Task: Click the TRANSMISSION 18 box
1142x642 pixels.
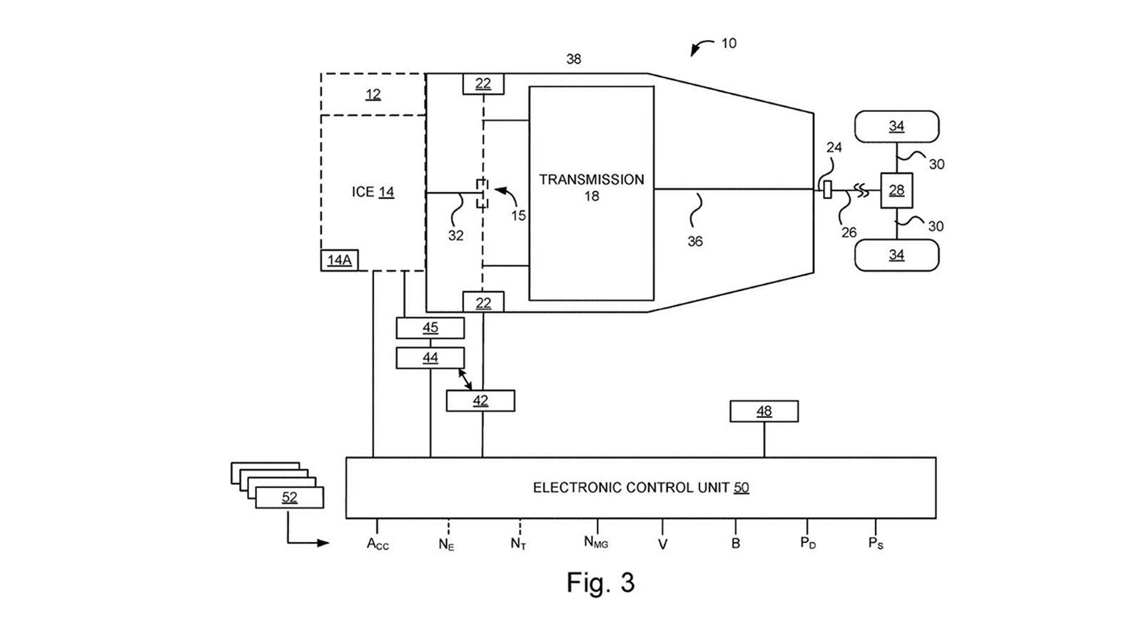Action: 591,193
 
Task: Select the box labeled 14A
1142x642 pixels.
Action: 339,260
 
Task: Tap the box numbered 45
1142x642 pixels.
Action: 430,328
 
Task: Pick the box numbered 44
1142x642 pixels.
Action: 430,357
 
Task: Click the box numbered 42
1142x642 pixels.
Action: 480,401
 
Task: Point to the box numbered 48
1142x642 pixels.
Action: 764,411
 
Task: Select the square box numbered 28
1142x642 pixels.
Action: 896,190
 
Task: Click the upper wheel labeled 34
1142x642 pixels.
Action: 896,126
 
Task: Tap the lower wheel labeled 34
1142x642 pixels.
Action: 896,255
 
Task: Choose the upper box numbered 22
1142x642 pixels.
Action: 483,83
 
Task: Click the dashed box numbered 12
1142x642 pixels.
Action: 373,94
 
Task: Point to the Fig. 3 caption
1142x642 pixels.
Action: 600,583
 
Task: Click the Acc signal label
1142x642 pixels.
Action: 378,544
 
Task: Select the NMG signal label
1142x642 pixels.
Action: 596,543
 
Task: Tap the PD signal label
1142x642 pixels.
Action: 807,543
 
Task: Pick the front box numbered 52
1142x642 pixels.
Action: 289,497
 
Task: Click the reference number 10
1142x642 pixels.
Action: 728,44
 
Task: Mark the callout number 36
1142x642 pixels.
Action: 694,242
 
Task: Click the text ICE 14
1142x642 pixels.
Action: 373,192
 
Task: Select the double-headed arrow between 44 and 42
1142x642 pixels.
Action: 465,379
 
